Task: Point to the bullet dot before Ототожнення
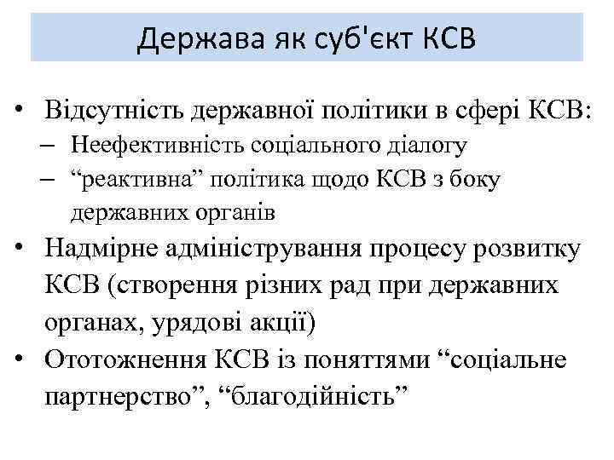(x=29, y=360)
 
